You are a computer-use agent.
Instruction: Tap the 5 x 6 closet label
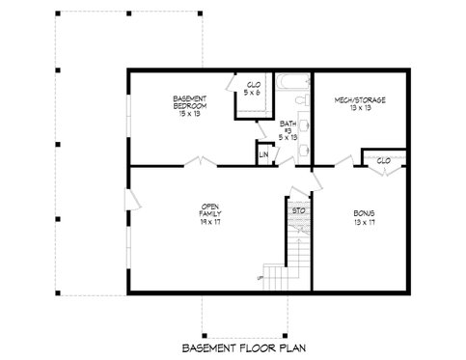(x=253, y=88)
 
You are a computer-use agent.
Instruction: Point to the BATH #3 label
(x=288, y=127)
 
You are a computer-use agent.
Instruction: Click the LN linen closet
(x=262, y=153)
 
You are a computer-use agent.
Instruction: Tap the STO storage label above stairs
(x=299, y=208)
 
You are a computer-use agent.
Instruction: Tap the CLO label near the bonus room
(x=383, y=159)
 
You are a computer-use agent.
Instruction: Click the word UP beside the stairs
(x=260, y=279)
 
